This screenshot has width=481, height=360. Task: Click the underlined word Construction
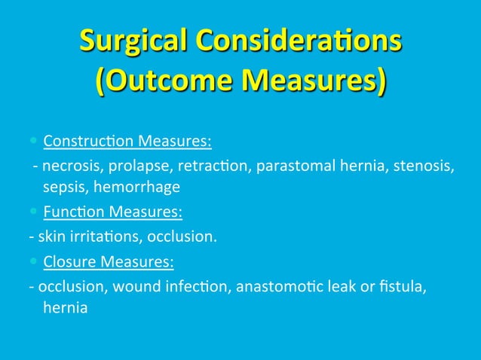pyautogui.click(x=87, y=141)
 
